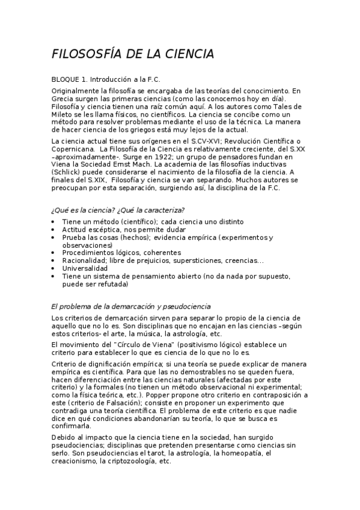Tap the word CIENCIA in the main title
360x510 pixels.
pyautogui.click(x=186, y=55)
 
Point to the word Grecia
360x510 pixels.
pyautogui.click(x=63, y=98)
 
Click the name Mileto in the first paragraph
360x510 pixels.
pyautogui.click(x=63, y=114)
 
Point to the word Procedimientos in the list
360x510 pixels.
pyautogui.click(x=89, y=253)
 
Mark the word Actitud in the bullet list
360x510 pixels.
pyautogui.click(x=73, y=230)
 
